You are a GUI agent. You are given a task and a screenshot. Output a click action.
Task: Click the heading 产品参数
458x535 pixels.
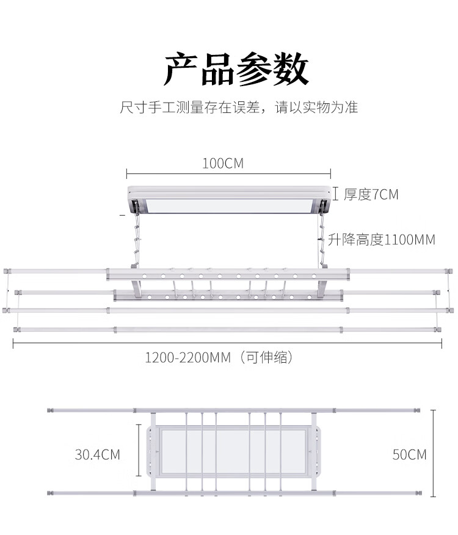coord(236,70)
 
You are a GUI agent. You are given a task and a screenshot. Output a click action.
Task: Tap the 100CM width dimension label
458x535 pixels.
coord(222,164)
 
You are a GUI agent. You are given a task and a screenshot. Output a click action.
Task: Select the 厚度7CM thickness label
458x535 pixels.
coord(371,195)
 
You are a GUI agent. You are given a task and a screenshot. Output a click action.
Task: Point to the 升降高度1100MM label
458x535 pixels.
coord(382,239)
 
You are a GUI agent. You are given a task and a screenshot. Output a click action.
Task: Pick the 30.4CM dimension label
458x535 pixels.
coord(98,454)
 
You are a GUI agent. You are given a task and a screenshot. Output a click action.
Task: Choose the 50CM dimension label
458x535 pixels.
coord(409,454)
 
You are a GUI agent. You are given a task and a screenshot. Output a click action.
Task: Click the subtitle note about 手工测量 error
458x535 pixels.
coord(239,108)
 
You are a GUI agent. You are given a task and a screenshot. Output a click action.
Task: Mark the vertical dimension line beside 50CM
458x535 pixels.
coord(433,454)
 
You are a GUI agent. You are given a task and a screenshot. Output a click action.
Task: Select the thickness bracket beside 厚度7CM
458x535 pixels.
coord(335,194)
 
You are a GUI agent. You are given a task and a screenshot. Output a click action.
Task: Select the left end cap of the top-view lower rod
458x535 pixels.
coord(52,492)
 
